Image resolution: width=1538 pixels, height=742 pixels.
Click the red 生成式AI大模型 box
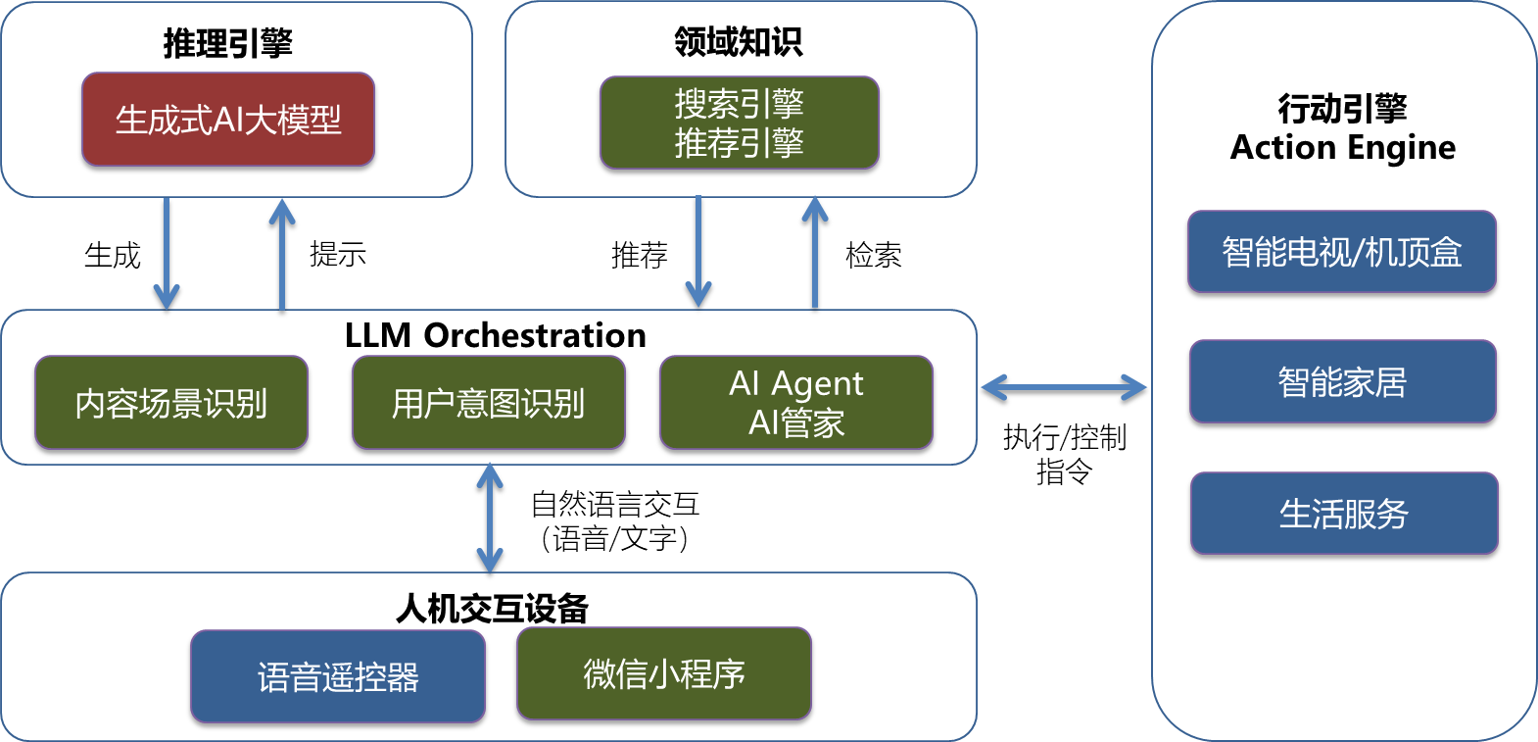click(x=228, y=120)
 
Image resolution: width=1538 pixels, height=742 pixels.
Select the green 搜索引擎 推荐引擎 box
click(x=739, y=124)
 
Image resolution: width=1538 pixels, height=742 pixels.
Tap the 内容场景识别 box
click(x=171, y=403)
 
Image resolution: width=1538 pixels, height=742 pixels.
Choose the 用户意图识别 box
click(x=488, y=403)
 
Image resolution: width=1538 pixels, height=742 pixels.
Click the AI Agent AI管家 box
click(x=795, y=403)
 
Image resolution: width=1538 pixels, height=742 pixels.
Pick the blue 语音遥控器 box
click(x=338, y=676)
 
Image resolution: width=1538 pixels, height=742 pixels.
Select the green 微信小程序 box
click(x=664, y=673)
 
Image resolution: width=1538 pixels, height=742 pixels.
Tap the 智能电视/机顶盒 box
click(x=1341, y=252)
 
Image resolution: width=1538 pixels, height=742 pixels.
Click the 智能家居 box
click(x=1342, y=381)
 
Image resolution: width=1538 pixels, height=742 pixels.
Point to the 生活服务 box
click(x=1344, y=514)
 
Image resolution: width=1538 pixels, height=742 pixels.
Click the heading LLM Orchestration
click(x=495, y=335)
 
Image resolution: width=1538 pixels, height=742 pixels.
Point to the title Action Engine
click(x=1343, y=147)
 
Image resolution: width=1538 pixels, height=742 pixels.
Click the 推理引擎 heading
click(x=227, y=43)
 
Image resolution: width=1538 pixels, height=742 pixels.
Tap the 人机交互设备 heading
click(x=492, y=609)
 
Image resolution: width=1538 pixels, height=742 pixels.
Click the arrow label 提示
click(x=338, y=254)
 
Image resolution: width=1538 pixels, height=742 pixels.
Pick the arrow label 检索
click(x=873, y=255)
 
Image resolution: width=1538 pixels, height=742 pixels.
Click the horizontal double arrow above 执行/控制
click(x=1064, y=388)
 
